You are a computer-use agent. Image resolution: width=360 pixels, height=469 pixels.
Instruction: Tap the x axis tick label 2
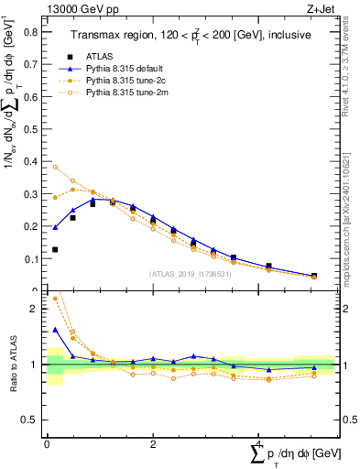tap(153, 443)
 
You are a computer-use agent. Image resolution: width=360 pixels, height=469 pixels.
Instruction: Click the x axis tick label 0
tap(47, 443)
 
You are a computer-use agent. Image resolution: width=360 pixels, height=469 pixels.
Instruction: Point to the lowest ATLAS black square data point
tap(55, 249)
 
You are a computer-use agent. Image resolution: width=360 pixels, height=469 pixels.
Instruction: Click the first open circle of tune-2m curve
tap(55, 167)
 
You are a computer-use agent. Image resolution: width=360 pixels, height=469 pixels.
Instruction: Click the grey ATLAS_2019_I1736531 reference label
tap(191, 274)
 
